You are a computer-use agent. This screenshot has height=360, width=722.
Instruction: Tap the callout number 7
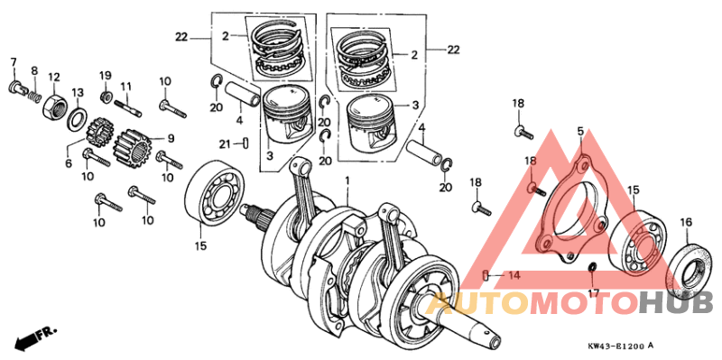14,61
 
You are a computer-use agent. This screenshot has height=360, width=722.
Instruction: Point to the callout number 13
78,93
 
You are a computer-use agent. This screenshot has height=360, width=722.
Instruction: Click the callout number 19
105,74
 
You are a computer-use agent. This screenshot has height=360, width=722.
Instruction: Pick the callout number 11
126,87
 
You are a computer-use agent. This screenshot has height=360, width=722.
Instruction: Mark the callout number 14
512,274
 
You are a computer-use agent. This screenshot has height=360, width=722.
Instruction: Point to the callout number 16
685,222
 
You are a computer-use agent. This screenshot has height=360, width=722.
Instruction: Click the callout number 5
580,133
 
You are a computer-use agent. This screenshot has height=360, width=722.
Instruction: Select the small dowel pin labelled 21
245,142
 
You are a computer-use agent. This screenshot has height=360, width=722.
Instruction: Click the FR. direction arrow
31,338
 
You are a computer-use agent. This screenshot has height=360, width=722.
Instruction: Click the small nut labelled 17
592,269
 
